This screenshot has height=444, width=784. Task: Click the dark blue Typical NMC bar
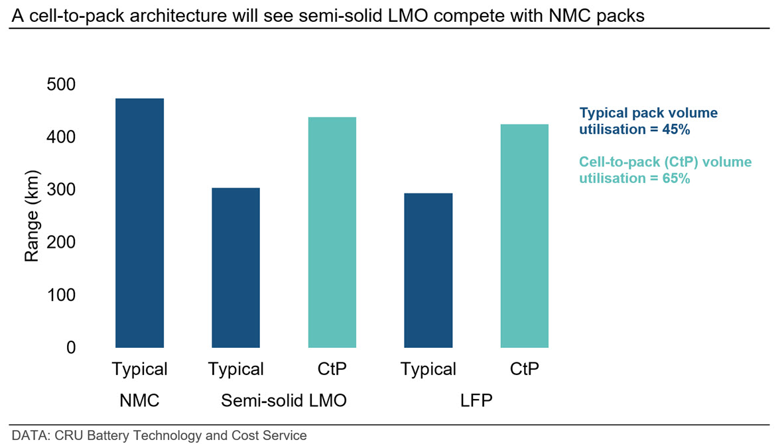coord(139,223)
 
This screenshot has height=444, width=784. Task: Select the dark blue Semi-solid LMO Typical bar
coord(235,268)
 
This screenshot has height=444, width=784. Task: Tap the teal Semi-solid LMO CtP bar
coord(332,232)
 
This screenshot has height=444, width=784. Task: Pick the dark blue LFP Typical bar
coord(428,270)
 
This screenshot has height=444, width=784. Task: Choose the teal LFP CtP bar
coord(525,236)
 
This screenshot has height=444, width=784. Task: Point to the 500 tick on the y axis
coord(61,84)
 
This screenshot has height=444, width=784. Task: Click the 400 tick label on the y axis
coord(61,137)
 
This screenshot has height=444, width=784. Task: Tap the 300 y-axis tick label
coord(61,190)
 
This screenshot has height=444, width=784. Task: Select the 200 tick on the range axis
coord(61,243)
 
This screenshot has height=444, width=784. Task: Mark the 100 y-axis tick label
coord(61,295)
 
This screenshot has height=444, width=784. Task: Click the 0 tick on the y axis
coord(71,348)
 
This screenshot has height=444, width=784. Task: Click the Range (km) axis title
coord(31,216)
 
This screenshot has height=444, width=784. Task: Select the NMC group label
coord(139,400)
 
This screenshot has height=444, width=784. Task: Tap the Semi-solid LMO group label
coord(283,400)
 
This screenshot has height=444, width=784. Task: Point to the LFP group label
coord(476,400)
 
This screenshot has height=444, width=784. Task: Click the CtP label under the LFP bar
coord(525,369)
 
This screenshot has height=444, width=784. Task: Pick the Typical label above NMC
coord(139,370)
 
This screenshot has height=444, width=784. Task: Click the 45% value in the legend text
coord(676,129)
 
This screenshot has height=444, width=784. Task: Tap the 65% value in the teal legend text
coord(676,178)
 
